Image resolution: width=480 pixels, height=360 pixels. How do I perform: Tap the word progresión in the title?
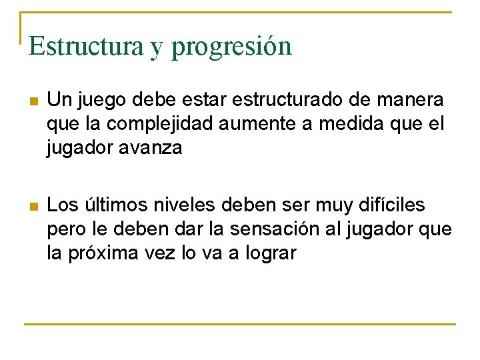pos(231,47)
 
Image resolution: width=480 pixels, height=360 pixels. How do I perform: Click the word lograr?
pos(269,253)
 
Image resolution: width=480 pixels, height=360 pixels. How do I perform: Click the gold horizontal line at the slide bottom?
pos(240,324)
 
